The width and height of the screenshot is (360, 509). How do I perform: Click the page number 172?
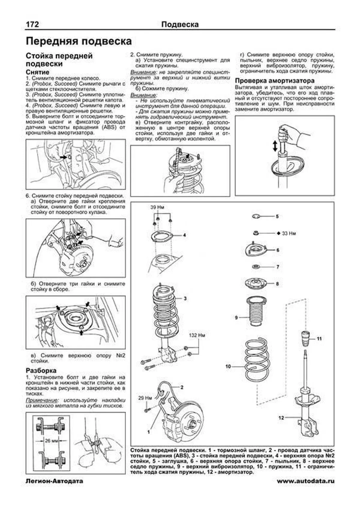pyautogui.click(x=32, y=24)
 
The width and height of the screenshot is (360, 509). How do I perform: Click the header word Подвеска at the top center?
pyautogui.click(x=180, y=24)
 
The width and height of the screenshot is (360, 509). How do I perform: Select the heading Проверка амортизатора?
pyautogui.click(x=274, y=81)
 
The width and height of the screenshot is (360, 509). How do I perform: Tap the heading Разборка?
pyautogui.click(x=41, y=370)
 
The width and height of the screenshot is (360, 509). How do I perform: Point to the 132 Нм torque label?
pyautogui.click(x=197, y=335)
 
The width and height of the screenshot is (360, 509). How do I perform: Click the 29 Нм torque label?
pyautogui.click(x=145, y=398)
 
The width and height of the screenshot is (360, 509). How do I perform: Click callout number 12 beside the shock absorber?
pyautogui.click(x=281, y=418)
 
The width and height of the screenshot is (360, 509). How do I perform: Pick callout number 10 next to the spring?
pyautogui.click(x=228, y=366)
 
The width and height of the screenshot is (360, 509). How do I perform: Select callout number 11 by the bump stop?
pyautogui.click(x=319, y=339)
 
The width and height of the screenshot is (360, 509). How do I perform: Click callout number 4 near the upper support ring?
pyautogui.click(x=184, y=235)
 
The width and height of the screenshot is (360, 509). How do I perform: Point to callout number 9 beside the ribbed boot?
pyautogui.click(x=236, y=317)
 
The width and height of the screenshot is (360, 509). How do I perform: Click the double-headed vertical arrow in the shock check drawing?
pyautogui.click(x=274, y=146)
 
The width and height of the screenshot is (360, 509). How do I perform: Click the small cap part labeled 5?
pyautogui.click(x=256, y=216)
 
